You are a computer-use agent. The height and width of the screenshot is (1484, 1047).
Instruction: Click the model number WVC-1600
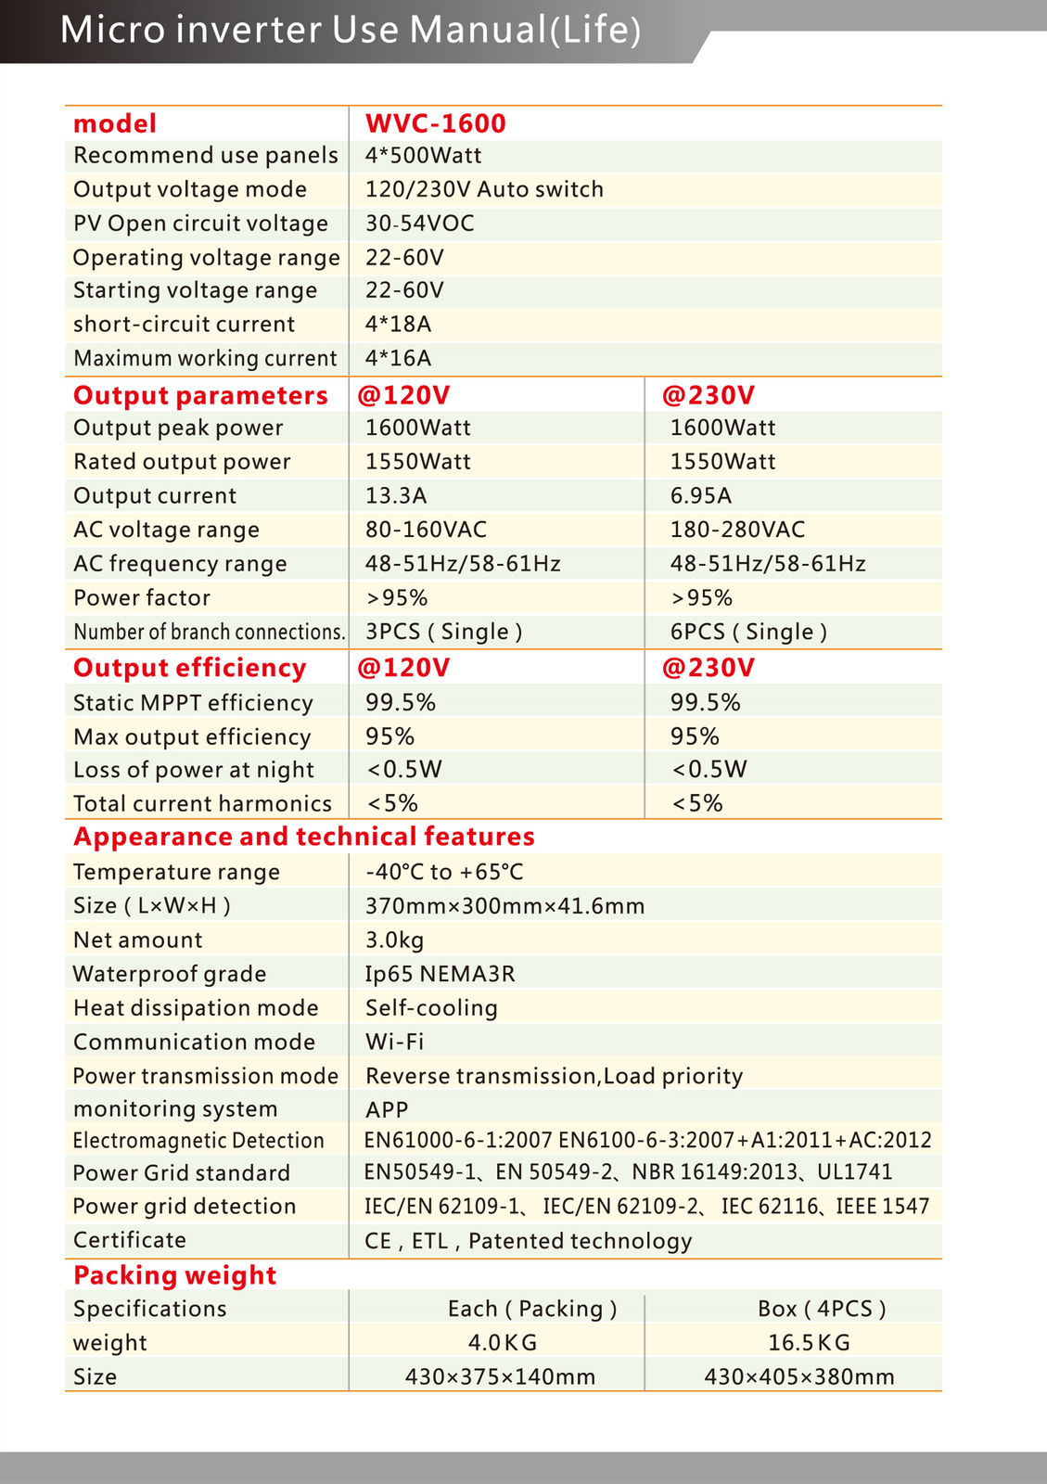point(435,123)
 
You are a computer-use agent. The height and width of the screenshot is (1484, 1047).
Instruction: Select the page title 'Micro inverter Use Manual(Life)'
point(351,30)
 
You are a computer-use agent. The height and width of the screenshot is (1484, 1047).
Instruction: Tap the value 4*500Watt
point(423,155)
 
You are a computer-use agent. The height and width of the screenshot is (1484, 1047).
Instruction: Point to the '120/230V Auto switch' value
point(484,189)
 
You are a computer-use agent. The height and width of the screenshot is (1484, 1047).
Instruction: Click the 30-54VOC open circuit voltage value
point(419,224)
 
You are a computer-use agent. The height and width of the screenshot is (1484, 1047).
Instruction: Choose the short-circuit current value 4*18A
point(398,325)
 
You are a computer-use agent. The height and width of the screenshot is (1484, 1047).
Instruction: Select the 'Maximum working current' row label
point(205,358)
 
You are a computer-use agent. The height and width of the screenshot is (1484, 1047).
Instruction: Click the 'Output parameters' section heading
point(200,395)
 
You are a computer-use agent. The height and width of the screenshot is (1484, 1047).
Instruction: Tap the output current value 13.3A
point(396,495)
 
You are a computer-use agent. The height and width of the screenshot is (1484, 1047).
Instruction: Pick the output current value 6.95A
point(701,495)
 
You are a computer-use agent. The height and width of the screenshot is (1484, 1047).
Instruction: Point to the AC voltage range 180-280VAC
point(737,530)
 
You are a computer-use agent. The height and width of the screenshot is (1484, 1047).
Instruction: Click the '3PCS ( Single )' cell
point(443,632)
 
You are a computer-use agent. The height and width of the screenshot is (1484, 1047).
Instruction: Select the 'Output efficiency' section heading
point(189,668)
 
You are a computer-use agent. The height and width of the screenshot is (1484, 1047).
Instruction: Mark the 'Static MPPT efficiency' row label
point(193,703)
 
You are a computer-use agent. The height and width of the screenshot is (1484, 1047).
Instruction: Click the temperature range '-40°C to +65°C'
point(444,872)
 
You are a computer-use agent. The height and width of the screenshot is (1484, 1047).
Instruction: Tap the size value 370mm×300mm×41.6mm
point(504,906)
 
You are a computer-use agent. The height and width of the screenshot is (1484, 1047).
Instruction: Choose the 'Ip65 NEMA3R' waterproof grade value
point(440,974)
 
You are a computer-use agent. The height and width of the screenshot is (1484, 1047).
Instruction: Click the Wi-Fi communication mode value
point(394,1042)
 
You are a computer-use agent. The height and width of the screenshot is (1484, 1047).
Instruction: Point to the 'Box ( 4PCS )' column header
point(822,1309)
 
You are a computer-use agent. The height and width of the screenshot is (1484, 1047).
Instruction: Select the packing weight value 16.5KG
point(809,1343)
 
